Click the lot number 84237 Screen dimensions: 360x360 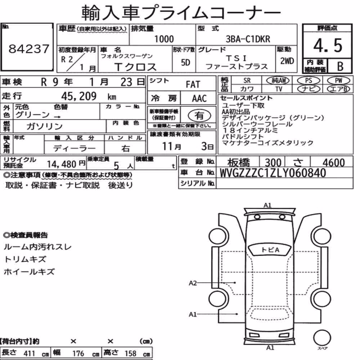coord(29,49)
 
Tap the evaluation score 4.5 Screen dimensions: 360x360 coord(328,45)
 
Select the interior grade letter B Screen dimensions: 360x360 coord(340,66)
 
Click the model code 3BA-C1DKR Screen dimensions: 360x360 coord(248,39)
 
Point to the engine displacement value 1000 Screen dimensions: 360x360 coord(164,39)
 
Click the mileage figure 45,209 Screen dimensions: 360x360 coord(79,96)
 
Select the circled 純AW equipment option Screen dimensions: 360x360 coord(278,80)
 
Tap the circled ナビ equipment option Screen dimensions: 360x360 coord(309,89)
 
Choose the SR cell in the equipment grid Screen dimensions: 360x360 coord(247,81)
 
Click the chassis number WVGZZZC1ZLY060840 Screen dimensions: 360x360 coord(273,173)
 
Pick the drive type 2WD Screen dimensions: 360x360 coord(287,61)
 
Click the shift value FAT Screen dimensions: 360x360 coord(193,85)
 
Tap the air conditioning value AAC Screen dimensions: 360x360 coord(199,99)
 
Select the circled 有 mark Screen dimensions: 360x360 coord(199,116)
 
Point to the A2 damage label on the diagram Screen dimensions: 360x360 coord(193,283)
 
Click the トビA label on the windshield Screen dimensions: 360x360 coord(270,250)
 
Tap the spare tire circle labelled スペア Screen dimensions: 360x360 coord(322,338)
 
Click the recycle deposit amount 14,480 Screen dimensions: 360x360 coord(62,164)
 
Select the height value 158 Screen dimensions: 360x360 coord(130,354)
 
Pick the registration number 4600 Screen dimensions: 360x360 coord(334,163)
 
